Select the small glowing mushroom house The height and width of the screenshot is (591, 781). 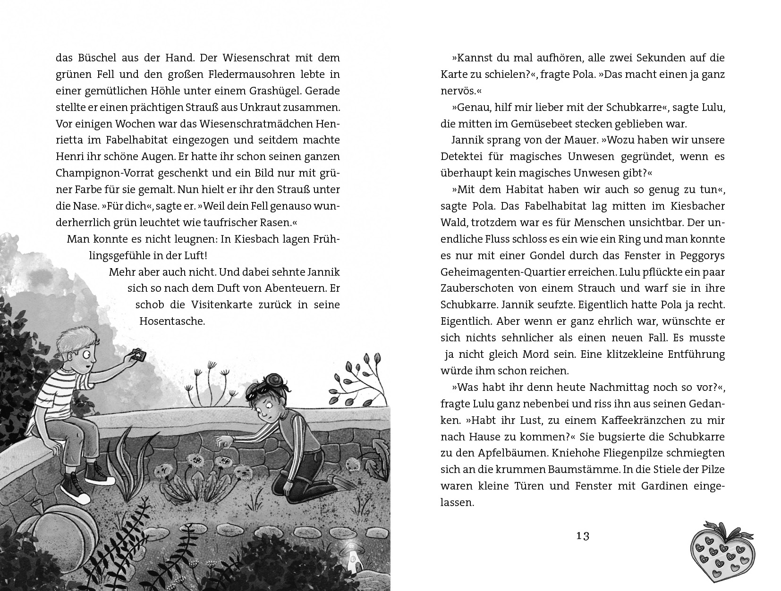(x=351, y=557)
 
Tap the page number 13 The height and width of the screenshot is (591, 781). (x=582, y=536)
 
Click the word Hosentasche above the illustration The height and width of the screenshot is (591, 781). (x=172, y=321)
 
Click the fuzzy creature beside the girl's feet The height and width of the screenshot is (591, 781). (x=352, y=464)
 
